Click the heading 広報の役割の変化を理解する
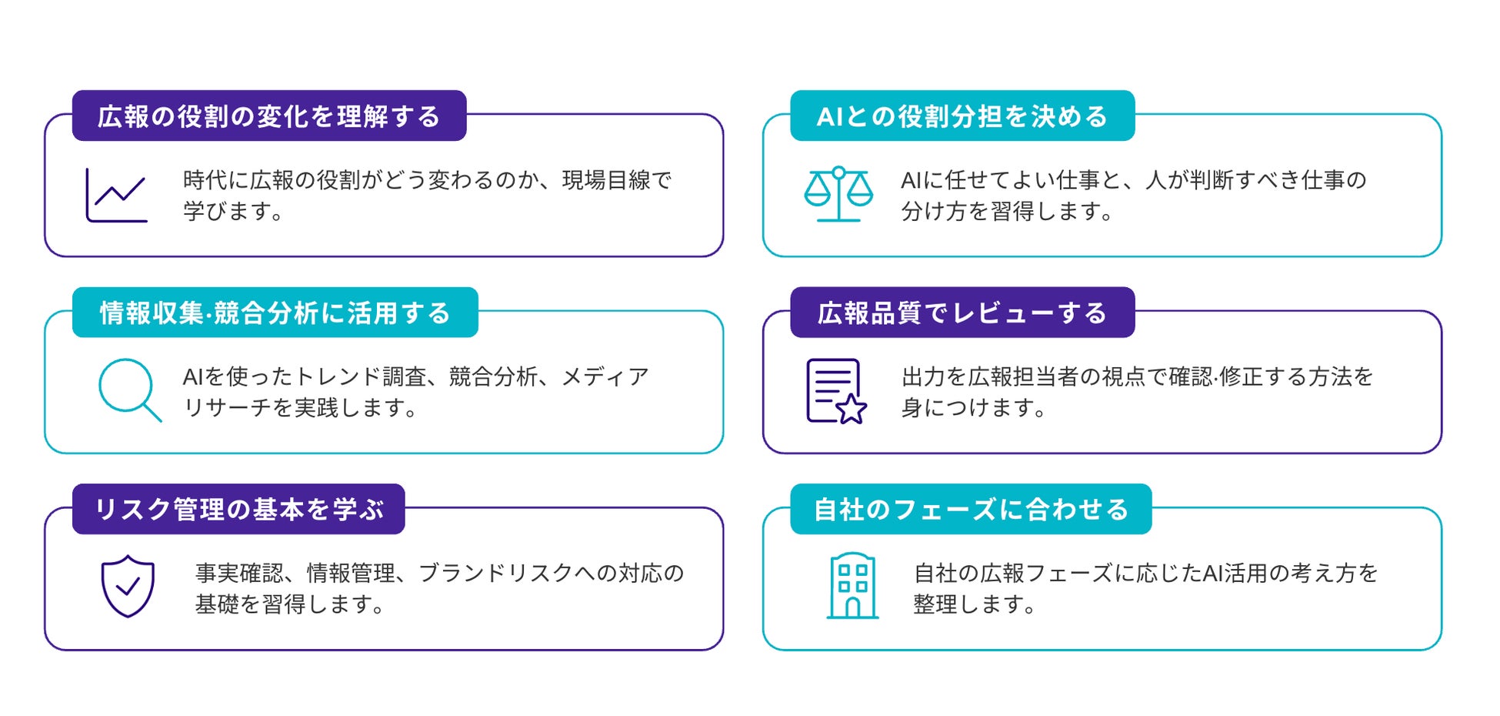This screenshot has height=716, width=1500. point(268,116)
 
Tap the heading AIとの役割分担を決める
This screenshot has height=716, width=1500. point(962,116)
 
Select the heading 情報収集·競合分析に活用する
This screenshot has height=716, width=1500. point(275,313)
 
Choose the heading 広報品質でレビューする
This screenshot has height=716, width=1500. point(962,313)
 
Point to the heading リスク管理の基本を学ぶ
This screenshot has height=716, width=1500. point(238,510)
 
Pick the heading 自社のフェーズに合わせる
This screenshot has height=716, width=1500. point(971,510)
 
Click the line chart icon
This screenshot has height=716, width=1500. point(116,196)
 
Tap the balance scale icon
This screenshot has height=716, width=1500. point(838,194)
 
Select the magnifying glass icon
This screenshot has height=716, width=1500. point(130,390)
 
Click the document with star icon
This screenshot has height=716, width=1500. point(836,391)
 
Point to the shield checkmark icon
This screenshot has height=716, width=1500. point(128,586)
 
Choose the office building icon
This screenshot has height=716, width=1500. point(852,586)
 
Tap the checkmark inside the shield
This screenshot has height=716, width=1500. point(128,587)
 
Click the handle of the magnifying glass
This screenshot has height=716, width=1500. point(152,412)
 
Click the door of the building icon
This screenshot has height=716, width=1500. point(852,608)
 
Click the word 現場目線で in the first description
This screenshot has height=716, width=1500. point(617,180)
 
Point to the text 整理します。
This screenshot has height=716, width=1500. point(975,604)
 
